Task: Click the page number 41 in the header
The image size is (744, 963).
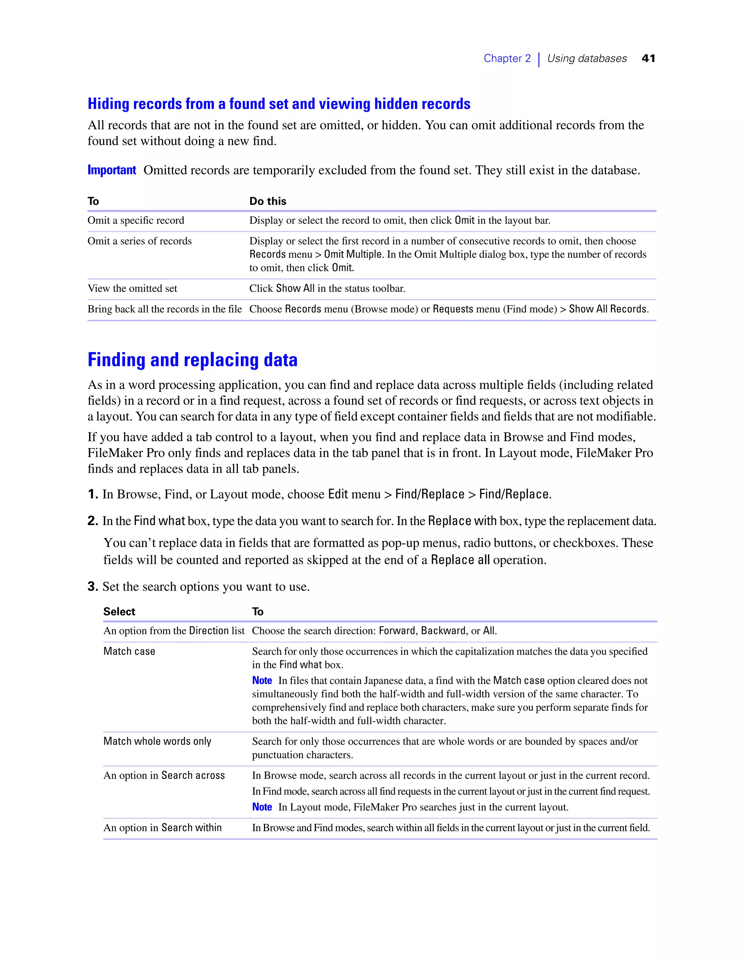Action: (x=648, y=58)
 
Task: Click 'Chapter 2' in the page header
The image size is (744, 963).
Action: (x=507, y=58)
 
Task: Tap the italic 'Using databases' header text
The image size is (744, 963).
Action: (x=587, y=58)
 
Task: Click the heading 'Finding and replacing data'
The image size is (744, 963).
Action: (x=193, y=360)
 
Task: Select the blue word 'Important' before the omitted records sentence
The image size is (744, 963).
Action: (x=112, y=170)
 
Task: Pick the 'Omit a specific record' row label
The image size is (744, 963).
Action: (x=136, y=221)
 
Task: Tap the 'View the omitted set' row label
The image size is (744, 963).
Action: (x=132, y=289)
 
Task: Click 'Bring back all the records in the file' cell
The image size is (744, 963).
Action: (x=165, y=309)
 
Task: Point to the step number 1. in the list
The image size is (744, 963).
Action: (x=93, y=494)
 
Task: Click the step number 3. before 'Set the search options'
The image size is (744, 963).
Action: (x=93, y=587)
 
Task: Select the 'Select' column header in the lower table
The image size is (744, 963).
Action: (x=119, y=612)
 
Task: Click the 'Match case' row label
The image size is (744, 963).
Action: (x=129, y=651)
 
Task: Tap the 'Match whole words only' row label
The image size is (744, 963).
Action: (x=157, y=741)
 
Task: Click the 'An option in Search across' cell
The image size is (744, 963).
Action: (x=164, y=775)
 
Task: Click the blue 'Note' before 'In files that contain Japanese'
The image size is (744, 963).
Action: (x=262, y=680)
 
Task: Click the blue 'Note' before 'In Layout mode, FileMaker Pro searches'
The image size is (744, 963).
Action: (x=262, y=807)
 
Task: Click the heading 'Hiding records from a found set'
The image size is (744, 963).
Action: (x=279, y=104)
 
